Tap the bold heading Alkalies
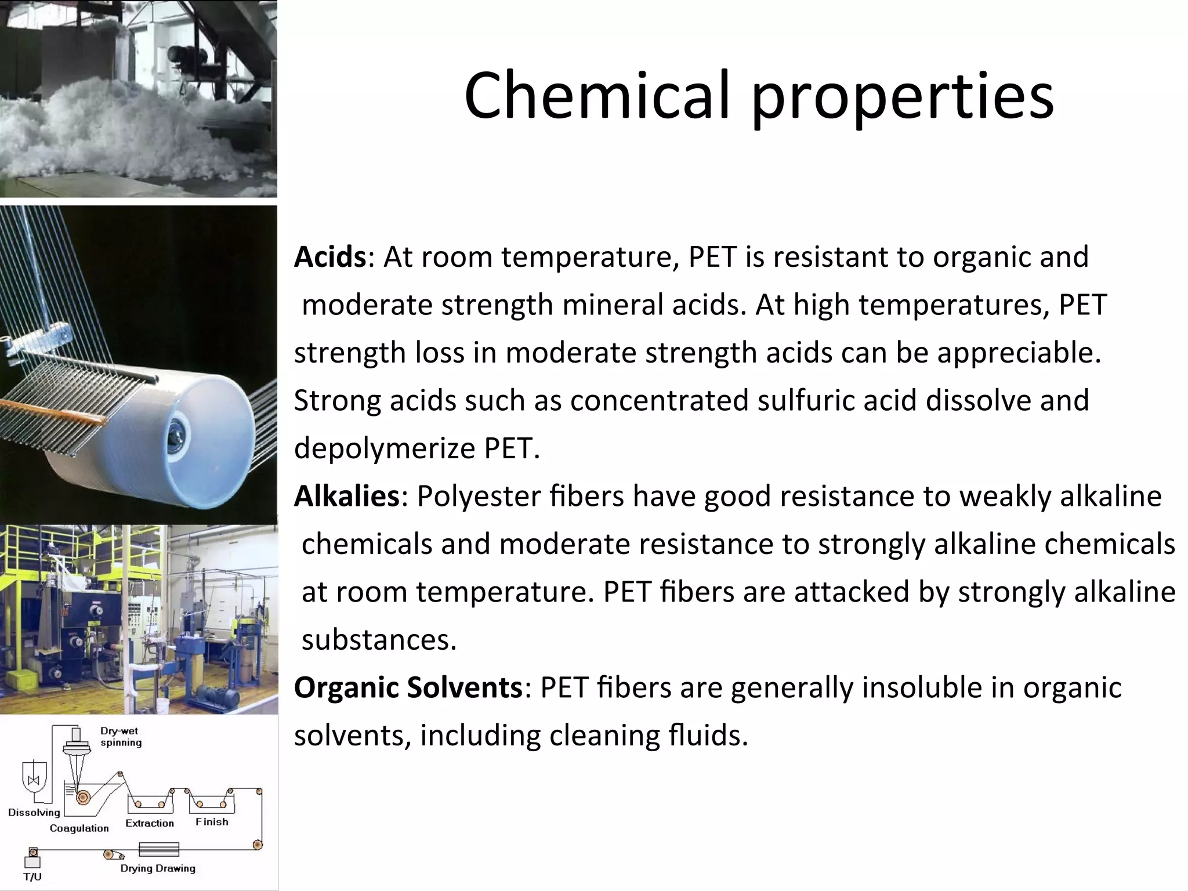[x=346, y=496]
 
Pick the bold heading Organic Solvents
[x=408, y=687]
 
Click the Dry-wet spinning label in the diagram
[x=120, y=737]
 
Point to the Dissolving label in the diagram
[x=34, y=812]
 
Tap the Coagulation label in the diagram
[x=79, y=828]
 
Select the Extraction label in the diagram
[x=150, y=823]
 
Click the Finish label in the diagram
[x=212, y=821]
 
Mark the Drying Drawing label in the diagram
[x=158, y=868]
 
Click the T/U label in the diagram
[x=32, y=876]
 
